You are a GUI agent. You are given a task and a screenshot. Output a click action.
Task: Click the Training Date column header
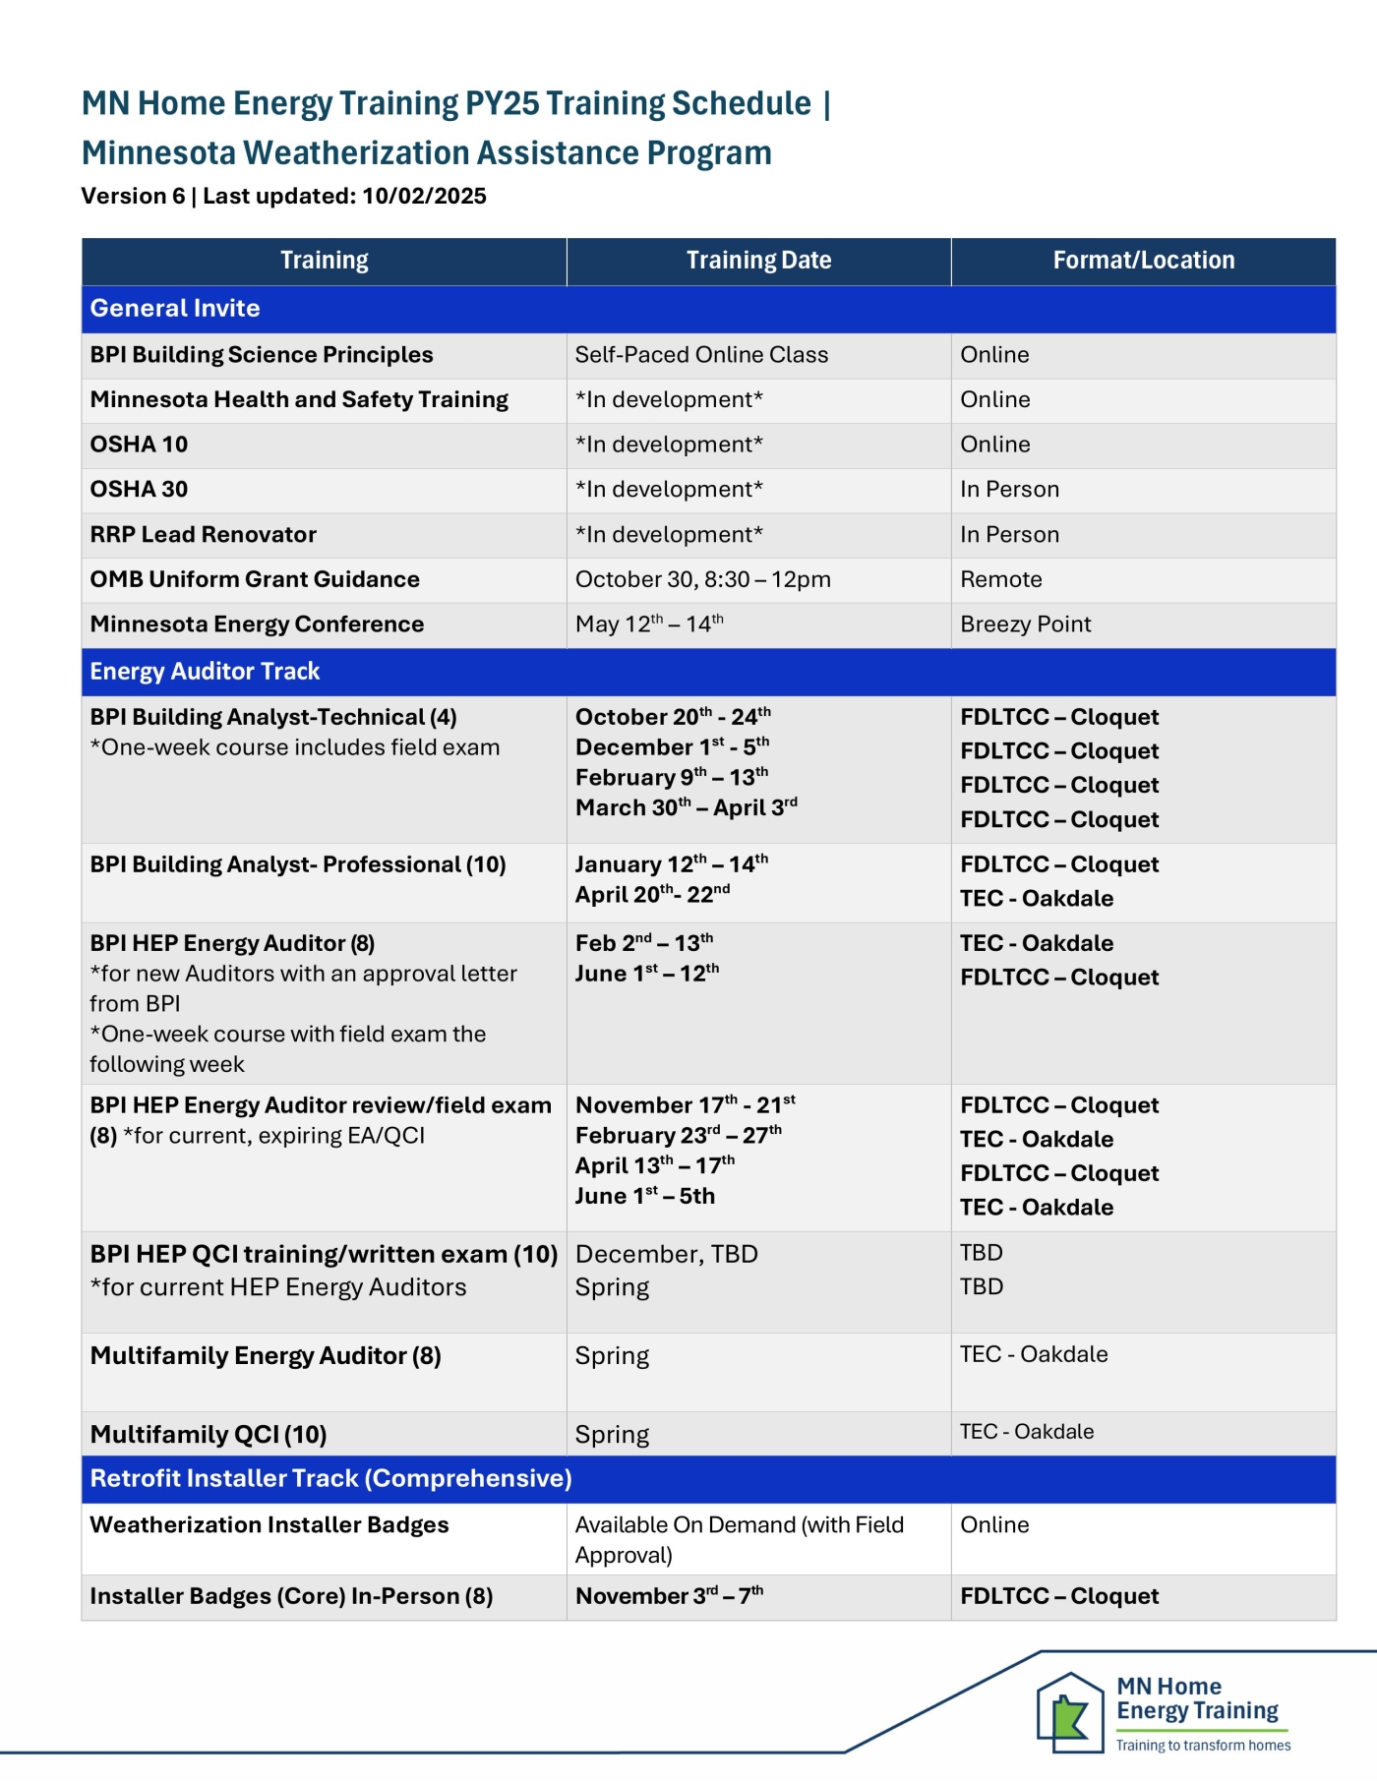(x=758, y=261)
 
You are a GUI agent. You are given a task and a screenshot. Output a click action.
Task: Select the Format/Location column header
(x=1143, y=261)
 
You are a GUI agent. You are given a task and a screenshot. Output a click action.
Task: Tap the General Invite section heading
(x=175, y=309)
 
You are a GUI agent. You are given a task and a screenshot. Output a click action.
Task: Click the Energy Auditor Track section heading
(x=205, y=672)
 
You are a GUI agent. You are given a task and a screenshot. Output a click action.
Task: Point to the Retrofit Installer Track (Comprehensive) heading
(x=330, y=1478)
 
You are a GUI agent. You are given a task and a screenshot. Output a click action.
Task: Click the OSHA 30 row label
(x=139, y=490)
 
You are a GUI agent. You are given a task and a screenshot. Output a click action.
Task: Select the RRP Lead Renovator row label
(x=204, y=535)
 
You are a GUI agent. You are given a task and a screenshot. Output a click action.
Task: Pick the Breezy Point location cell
(x=1025, y=624)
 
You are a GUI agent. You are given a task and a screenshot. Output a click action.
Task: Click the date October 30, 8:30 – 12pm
(x=702, y=579)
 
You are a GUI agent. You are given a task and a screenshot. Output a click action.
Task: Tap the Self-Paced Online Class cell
(x=701, y=355)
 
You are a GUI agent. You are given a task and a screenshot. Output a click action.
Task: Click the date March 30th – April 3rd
(x=686, y=807)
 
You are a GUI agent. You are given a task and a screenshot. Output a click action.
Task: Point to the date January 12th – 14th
(x=671, y=864)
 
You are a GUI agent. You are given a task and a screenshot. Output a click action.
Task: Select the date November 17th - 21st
(x=685, y=1105)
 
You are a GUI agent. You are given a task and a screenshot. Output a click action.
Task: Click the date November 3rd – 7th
(x=669, y=1596)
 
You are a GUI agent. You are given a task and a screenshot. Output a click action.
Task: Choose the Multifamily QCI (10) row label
(x=209, y=1435)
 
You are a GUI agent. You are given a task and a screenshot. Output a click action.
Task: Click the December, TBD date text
(x=666, y=1255)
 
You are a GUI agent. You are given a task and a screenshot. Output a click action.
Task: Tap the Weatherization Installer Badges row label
(x=269, y=1525)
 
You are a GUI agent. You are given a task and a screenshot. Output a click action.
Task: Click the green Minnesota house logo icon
(x=1069, y=1712)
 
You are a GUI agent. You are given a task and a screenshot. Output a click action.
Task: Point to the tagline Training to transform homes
(x=1202, y=1746)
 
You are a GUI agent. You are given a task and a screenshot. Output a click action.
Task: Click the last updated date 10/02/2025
(x=424, y=197)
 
